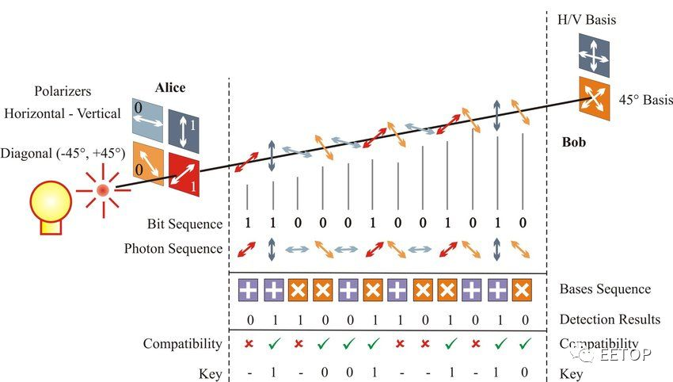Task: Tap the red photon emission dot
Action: click(103, 189)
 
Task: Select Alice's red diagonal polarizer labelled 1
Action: click(183, 173)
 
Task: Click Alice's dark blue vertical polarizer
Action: click(183, 127)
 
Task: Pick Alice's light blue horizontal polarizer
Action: click(147, 124)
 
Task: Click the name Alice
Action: click(169, 88)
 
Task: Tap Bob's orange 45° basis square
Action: click(594, 99)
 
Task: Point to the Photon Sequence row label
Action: click(173, 249)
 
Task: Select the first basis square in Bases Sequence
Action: click(248, 289)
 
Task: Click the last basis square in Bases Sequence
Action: click(520, 289)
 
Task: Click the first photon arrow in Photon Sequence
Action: click(248, 250)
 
